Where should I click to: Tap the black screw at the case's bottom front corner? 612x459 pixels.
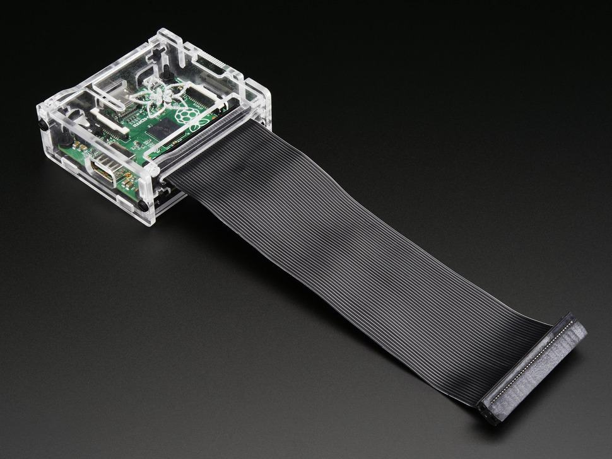144,205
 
